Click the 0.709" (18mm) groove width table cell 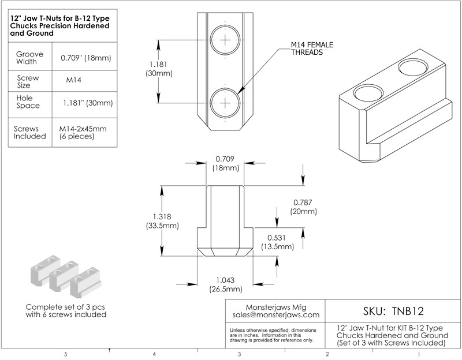pos(85,58)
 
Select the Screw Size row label pos(28,81)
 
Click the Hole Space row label pos(28,103)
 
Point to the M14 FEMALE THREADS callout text pos(312,48)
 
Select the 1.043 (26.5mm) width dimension pos(225,284)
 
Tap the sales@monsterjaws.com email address pos(275,316)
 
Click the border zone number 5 pos(66,354)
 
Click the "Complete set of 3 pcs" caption pos(66,306)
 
